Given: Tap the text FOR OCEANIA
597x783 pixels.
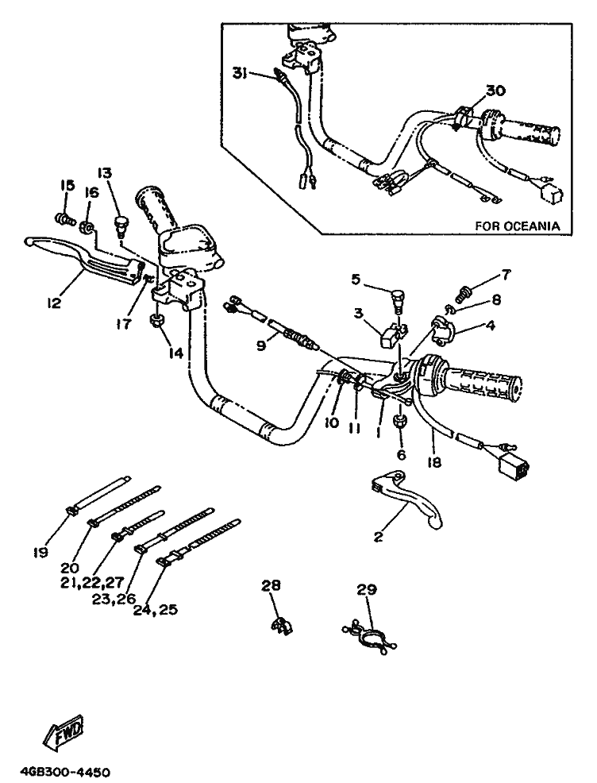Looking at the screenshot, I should pos(517,226).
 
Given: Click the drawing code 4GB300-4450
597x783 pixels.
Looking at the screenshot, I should pos(65,772).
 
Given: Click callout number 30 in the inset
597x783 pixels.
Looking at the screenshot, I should pos(495,91).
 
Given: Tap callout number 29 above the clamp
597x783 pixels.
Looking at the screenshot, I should pos(366,589).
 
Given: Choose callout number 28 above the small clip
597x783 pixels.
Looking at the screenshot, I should pos(272,585).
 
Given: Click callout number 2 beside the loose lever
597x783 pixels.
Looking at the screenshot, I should pos(378,538).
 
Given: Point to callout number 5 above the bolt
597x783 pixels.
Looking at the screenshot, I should pos(356,279).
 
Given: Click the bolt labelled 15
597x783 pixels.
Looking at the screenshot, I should pos(64,215).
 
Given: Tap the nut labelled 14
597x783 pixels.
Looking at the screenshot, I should pos(156,321).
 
